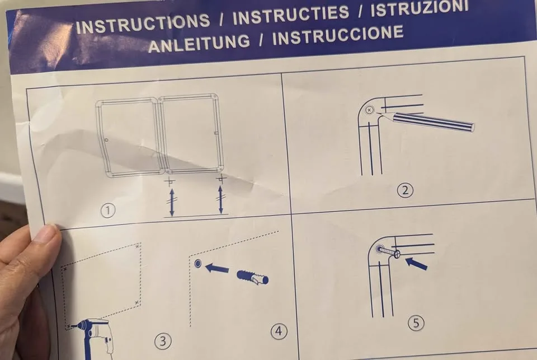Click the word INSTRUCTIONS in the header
coord(143,22)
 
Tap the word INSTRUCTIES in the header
coord(291,15)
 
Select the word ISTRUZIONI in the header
coord(419,7)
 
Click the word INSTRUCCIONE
coord(338,35)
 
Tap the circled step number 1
coord(108,210)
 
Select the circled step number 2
coord(405,190)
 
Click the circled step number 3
coord(163,341)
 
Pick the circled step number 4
coord(279,331)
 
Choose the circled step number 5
coord(416,322)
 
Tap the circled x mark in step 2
coord(369,110)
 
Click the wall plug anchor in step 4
coord(253,277)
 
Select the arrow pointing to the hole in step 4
coord(217,268)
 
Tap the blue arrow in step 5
coord(416,263)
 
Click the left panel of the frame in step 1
coord(128,138)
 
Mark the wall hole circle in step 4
coord(198,263)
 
